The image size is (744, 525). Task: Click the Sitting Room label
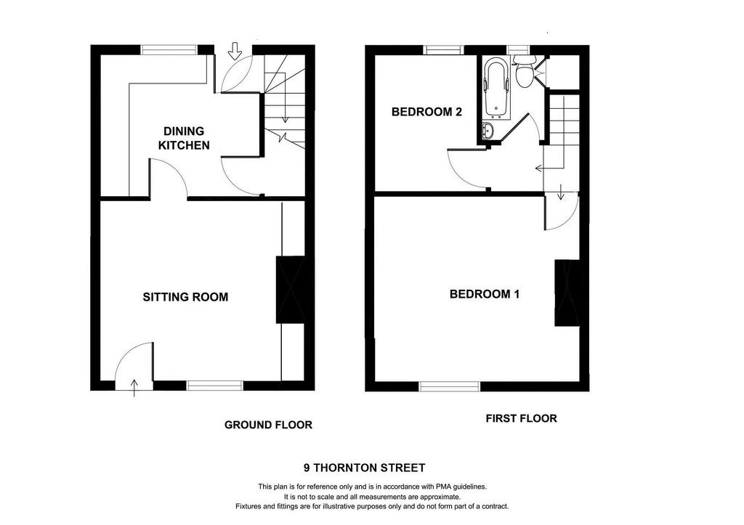pos(185,297)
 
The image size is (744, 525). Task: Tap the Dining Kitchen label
pos(184,138)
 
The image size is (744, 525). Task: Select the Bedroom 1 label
pos(485,294)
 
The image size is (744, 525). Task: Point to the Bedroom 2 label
pos(426,112)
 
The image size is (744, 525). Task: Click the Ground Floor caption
pos(269,425)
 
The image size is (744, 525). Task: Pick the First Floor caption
pos(522,418)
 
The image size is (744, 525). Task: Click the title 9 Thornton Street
pos(365,468)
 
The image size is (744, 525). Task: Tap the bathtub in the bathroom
pos(497,88)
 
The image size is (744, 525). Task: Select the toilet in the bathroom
pos(525,72)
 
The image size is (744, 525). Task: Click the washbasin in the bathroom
pos(488,130)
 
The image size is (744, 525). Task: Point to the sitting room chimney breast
pos(291,290)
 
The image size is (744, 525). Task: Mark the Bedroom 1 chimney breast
pos(567,293)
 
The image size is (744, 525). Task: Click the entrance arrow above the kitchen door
pos(235,51)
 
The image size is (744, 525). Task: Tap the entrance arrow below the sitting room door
pos(134,388)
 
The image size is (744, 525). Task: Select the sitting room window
pos(215,386)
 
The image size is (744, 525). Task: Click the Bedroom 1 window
pos(450,386)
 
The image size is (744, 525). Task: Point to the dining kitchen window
pos(169,50)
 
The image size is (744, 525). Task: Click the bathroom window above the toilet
pos(518,50)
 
